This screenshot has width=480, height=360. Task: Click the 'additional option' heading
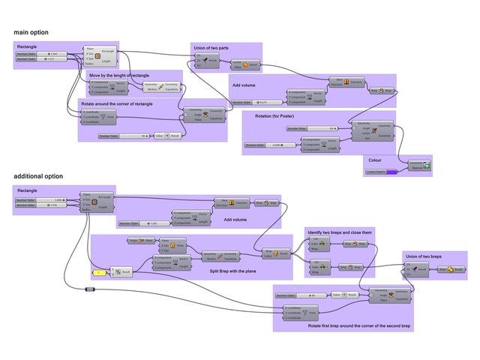click(x=38, y=176)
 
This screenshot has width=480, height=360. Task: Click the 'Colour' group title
click(x=377, y=159)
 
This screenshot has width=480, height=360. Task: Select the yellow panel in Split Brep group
click(x=100, y=271)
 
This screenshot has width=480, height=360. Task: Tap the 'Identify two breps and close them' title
click(x=340, y=232)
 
